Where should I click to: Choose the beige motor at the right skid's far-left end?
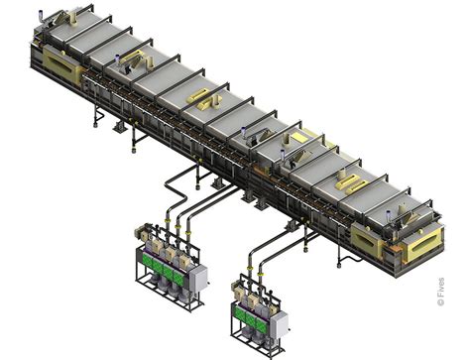235,292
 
